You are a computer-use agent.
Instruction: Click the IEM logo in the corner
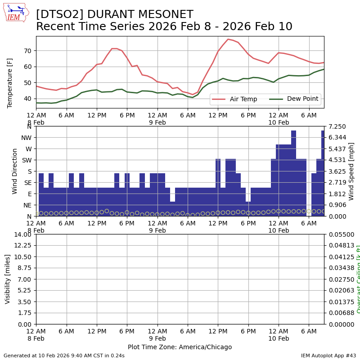pos(16,13)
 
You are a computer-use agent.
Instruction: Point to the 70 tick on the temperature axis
pos(28,50)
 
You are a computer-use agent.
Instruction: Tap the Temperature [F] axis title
pos(10,83)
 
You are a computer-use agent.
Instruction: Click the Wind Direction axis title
pos(15,171)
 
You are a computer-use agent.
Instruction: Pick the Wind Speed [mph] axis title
pos(351,171)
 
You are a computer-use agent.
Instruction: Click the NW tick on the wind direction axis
pos(27,138)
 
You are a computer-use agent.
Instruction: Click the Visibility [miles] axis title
pos(8,279)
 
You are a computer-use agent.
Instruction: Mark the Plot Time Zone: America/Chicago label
pos(180,347)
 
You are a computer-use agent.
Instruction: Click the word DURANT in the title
pos(109,15)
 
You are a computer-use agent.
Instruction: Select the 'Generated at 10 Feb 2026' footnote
pos(64,355)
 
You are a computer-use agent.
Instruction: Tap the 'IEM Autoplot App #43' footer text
pos(328,355)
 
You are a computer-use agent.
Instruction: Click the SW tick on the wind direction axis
pos(27,160)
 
